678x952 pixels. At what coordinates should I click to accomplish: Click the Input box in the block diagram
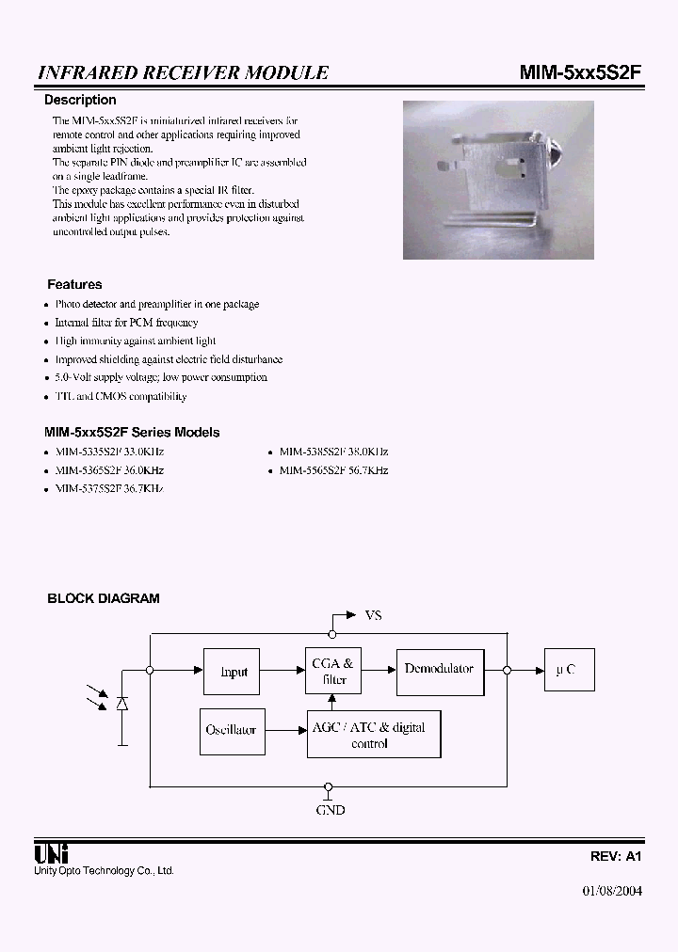(233, 672)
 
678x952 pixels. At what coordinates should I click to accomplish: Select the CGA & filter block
(332, 672)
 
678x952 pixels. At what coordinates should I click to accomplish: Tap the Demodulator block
(440, 670)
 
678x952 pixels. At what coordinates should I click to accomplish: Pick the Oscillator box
(231, 730)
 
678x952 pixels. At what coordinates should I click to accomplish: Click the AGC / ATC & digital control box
(374, 735)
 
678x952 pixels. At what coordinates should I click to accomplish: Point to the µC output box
(567, 671)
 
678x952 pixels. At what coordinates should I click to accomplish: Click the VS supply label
(373, 615)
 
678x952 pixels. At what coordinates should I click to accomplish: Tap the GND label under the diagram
(330, 810)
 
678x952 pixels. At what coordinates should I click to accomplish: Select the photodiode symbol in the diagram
(121, 704)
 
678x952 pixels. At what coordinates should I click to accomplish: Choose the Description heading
(81, 100)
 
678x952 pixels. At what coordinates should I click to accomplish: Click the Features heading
(74, 284)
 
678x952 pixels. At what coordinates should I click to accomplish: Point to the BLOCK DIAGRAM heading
(104, 598)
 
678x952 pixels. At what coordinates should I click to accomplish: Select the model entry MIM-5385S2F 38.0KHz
(333, 452)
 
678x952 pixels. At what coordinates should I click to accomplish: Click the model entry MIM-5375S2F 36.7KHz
(109, 489)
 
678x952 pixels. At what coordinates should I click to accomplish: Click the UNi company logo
(49, 854)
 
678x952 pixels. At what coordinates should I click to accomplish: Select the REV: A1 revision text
(616, 856)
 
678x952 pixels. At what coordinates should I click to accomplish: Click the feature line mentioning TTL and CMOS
(121, 396)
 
